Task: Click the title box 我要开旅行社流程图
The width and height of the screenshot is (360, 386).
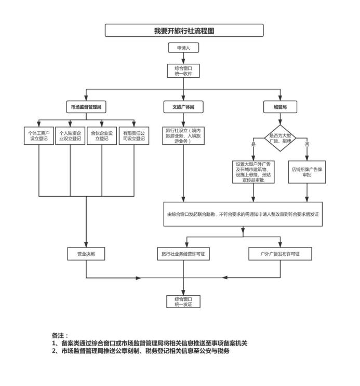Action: click(x=183, y=31)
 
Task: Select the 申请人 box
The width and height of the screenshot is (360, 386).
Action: click(x=183, y=48)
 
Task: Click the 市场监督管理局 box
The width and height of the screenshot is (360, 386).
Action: click(x=86, y=108)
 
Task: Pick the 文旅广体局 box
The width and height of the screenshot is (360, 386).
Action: click(x=183, y=108)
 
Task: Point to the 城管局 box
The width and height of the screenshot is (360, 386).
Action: click(x=281, y=108)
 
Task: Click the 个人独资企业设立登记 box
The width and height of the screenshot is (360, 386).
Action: click(x=70, y=135)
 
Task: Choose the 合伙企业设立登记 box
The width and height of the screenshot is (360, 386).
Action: click(x=101, y=135)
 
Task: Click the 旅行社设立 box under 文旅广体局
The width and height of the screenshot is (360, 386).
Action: click(x=183, y=135)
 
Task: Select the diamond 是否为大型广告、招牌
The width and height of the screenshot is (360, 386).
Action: click(x=281, y=138)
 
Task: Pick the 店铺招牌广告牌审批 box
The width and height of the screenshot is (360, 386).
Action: click(x=307, y=172)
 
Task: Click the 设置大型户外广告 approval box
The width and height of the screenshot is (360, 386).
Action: click(x=254, y=172)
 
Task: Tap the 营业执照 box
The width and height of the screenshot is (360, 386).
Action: click(x=86, y=254)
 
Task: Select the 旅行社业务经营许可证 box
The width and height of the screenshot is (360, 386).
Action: click(x=183, y=254)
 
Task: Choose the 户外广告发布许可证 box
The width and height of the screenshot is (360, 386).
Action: click(x=280, y=254)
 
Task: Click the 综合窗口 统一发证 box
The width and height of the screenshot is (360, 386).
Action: click(x=183, y=302)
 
